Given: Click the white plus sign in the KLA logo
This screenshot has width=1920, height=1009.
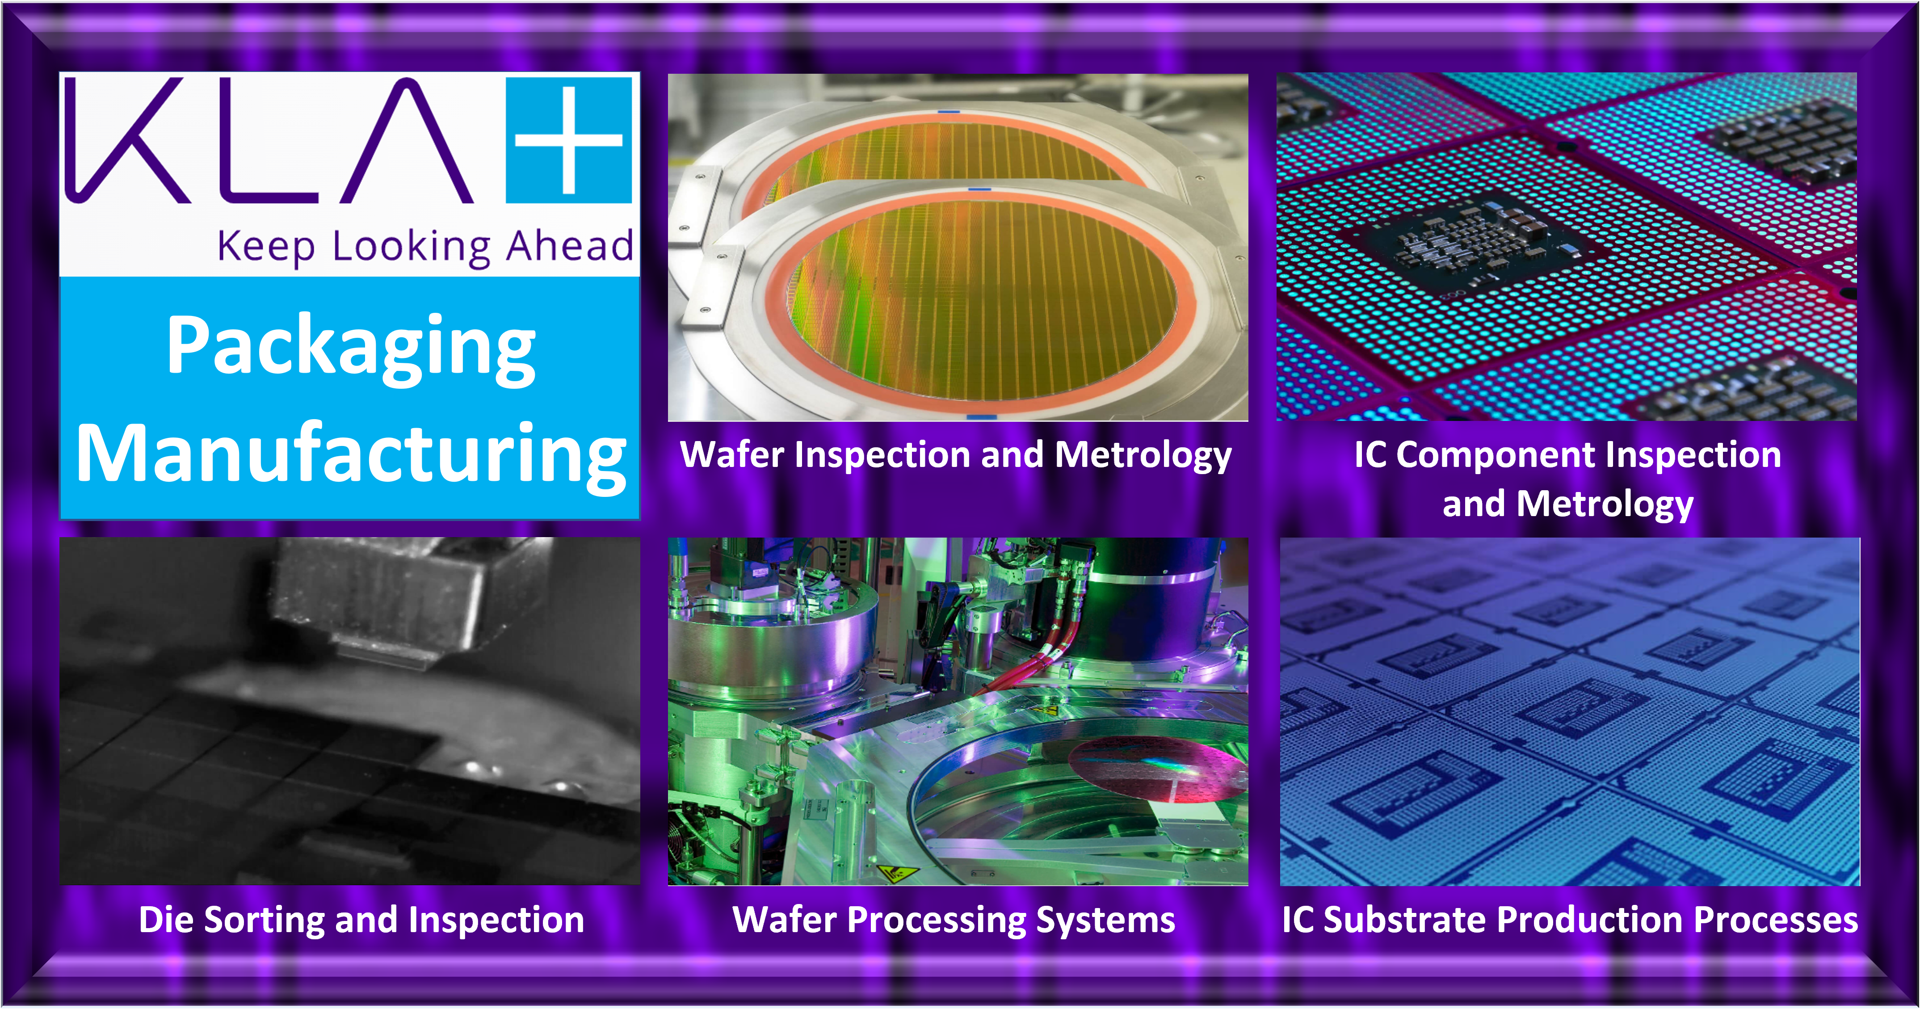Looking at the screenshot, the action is [568, 139].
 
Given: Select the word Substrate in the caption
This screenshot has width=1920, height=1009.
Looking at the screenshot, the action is [1405, 920].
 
